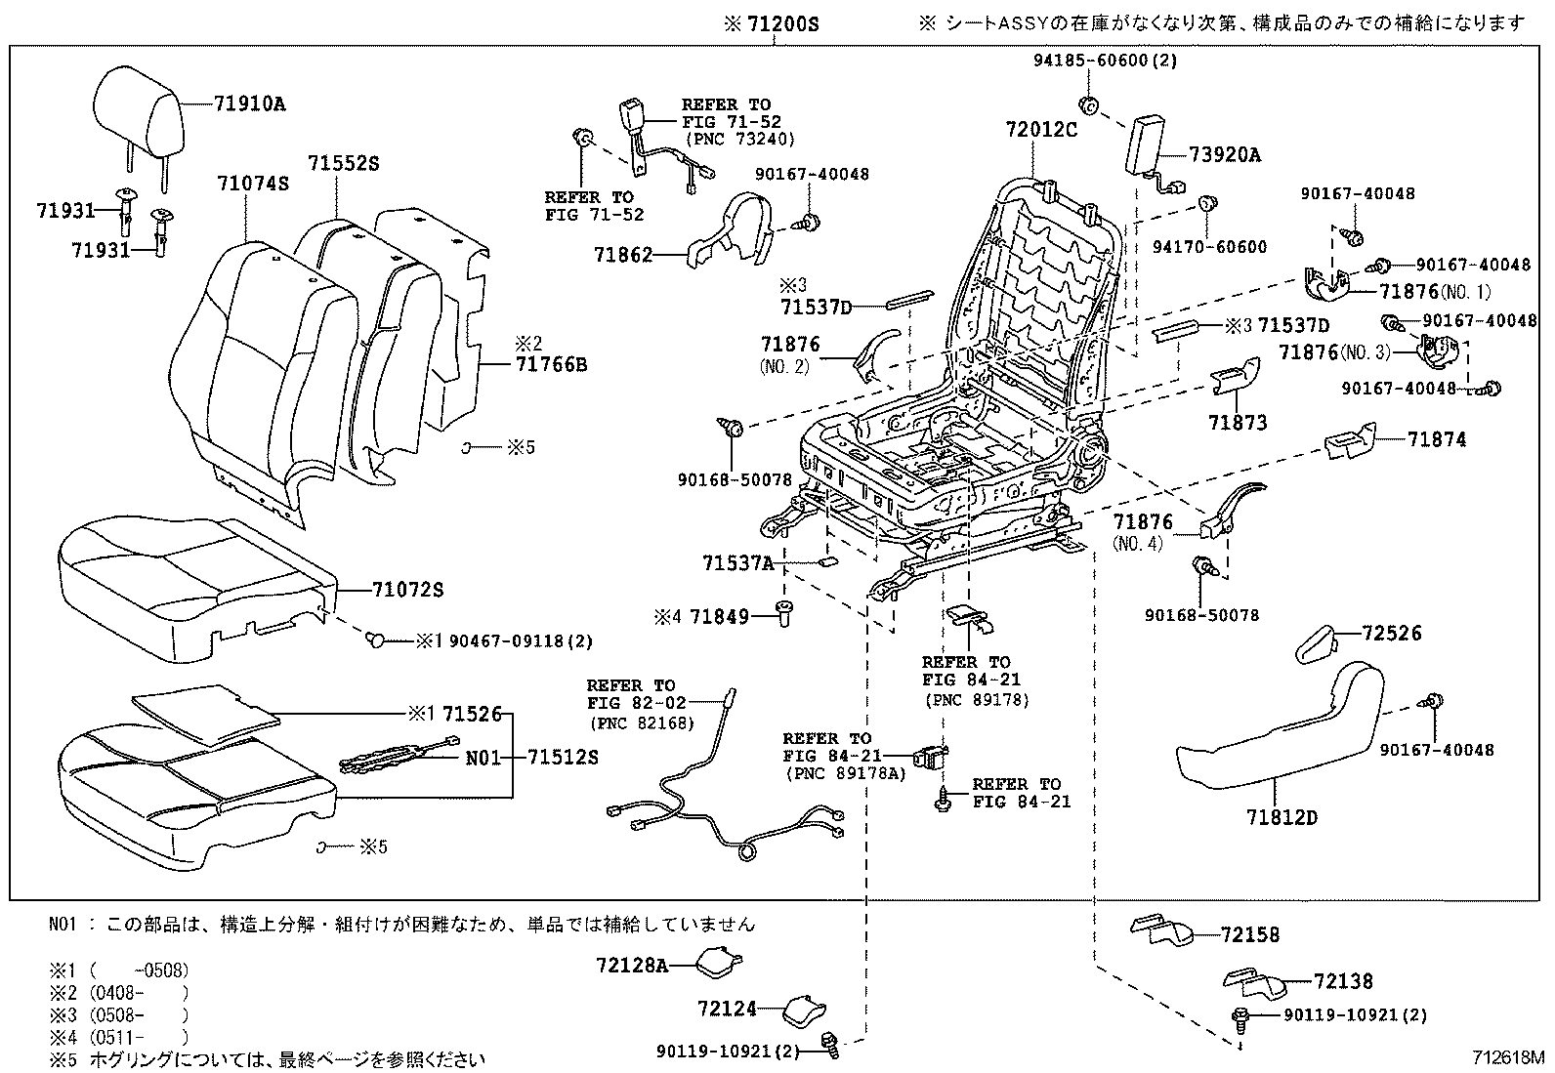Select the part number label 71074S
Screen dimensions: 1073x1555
tap(252, 184)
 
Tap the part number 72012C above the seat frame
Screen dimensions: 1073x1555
tap(1042, 129)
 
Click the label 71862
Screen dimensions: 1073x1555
tap(622, 255)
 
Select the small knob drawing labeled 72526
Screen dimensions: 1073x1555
tap(1320, 643)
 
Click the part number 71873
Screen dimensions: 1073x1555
tap(1237, 423)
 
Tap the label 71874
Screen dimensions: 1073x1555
tap(1437, 440)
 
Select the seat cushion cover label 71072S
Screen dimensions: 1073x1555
tap(407, 590)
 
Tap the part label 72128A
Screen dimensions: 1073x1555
tap(632, 966)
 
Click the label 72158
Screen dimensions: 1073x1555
tap(1249, 934)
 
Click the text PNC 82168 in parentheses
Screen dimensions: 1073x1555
tap(642, 722)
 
